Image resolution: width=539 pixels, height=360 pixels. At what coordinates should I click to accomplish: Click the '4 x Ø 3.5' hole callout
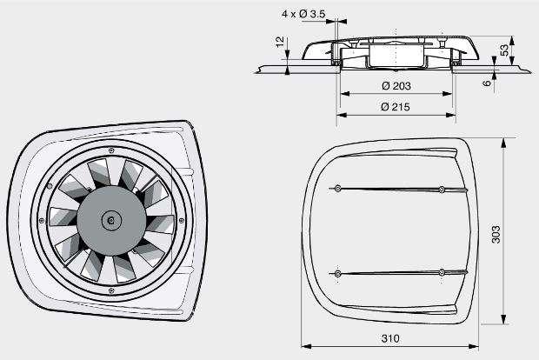click(305, 14)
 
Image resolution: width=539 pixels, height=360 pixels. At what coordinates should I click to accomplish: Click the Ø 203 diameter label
click(396, 86)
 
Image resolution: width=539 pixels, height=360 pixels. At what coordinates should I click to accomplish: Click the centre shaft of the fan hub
click(110, 221)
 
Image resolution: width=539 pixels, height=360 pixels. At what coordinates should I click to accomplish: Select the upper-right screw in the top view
click(443, 189)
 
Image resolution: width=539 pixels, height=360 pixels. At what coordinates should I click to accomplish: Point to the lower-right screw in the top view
click(443, 273)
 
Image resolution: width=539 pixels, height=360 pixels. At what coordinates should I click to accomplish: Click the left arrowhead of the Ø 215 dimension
click(341, 115)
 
